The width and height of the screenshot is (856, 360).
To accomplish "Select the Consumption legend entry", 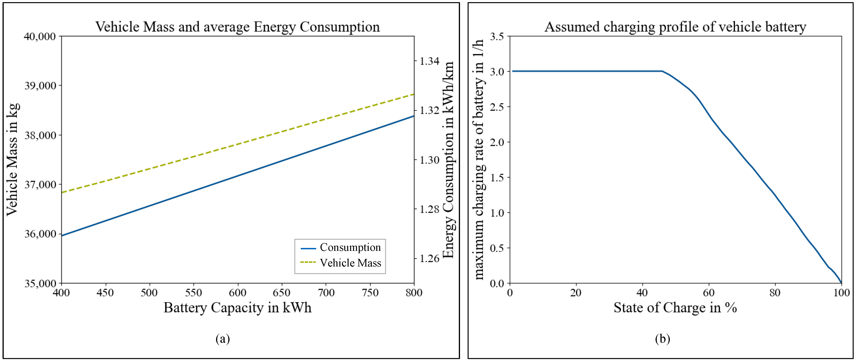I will (x=340, y=248).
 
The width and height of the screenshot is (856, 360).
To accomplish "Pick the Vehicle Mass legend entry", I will (x=340, y=263).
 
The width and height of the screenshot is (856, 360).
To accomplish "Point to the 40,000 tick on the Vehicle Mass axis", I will (x=40, y=36).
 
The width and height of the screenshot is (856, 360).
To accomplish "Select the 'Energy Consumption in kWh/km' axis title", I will (x=449, y=160).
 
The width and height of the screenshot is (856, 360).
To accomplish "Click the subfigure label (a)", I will (x=223, y=339).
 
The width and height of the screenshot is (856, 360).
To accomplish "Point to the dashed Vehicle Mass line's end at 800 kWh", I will (x=414, y=94).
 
